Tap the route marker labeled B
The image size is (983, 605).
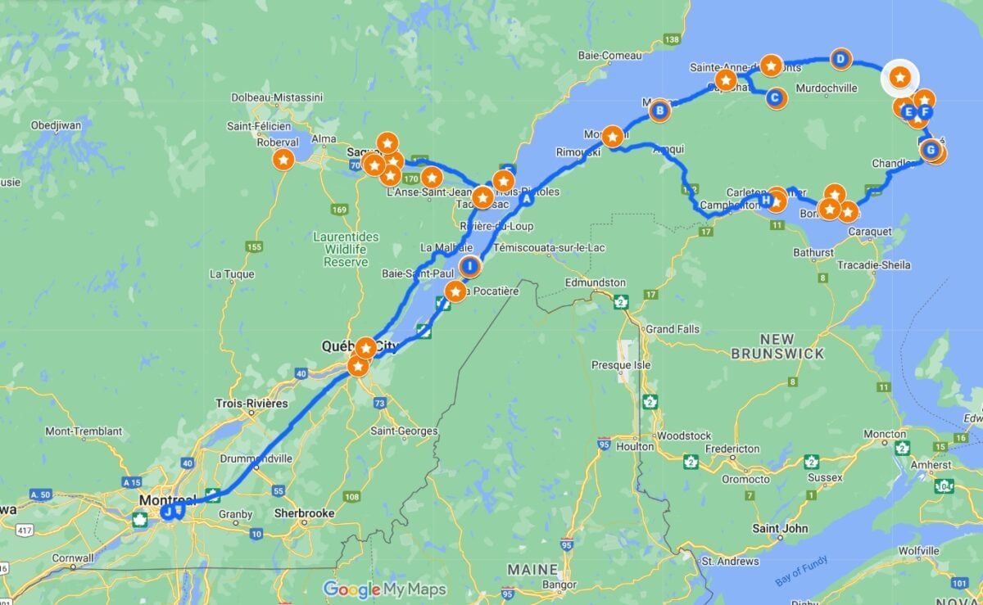(x=659, y=110)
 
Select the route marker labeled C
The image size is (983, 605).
(x=775, y=98)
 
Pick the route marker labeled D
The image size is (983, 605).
(x=840, y=58)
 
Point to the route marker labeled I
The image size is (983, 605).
(x=470, y=266)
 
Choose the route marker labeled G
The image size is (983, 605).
(x=930, y=150)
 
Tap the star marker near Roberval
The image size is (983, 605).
(x=283, y=160)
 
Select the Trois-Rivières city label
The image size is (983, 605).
(x=251, y=403)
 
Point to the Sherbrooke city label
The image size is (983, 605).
(x=304, y=513)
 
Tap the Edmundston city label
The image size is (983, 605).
(x=596, y=282)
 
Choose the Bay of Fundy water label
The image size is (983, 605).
(x=802, y=571)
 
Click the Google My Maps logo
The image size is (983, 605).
(x=384, y=589)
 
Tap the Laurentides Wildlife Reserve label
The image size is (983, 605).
(x=346, y=249)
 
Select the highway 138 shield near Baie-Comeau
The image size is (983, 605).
(x=673, y=39)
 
